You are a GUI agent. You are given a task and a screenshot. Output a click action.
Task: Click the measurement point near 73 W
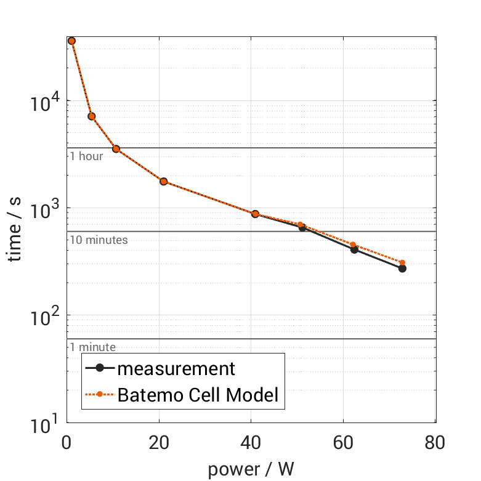point(402,269)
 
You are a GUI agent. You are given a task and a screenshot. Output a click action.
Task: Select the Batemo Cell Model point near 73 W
point(402,262)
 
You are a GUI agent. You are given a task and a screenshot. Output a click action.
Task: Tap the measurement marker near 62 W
point(354,249)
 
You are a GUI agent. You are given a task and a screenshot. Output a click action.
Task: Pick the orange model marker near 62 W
point(353,245)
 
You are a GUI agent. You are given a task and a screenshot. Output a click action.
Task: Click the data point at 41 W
point(255,214)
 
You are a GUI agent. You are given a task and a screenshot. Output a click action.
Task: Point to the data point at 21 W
point(164,181)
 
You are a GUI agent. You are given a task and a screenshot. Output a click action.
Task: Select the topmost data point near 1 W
point(71,41)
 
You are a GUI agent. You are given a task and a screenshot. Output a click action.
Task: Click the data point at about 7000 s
point(92,116)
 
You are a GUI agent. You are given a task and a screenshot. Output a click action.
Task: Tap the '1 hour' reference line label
point(86,156)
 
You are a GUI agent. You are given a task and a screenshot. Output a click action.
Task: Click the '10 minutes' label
point(99,240)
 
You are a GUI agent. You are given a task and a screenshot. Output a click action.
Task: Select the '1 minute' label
point(92,347)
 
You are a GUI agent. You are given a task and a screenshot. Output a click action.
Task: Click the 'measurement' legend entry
point(176,369)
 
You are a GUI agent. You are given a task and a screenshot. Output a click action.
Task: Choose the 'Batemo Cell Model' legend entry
point(198,395)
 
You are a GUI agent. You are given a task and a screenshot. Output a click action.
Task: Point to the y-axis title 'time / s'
point(16,229)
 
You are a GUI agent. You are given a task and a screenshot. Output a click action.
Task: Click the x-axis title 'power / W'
point(251,469)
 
